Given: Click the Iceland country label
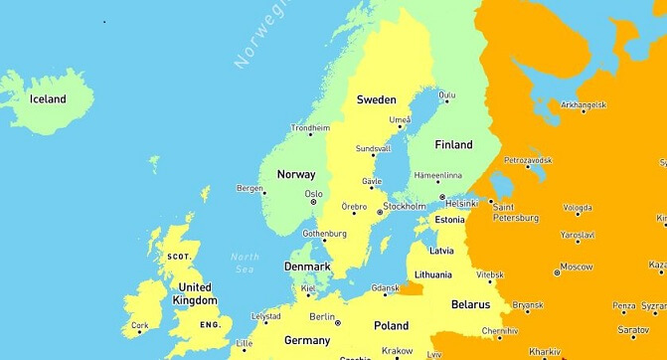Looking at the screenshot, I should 48,99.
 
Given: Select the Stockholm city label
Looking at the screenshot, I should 405,207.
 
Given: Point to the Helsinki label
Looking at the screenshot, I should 462,204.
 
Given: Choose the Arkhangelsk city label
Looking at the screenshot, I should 583,104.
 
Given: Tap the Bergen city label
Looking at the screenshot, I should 250,188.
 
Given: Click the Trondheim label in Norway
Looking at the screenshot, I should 310,128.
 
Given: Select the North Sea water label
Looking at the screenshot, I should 245,263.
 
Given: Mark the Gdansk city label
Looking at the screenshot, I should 385,288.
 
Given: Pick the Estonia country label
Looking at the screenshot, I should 450,220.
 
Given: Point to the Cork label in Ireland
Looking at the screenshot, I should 140,325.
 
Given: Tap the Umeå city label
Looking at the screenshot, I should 400,119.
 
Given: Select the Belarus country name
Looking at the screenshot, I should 470,304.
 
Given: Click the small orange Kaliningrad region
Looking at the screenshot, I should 410,288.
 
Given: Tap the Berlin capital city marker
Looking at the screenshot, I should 338,322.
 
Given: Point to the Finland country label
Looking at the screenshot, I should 453,145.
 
